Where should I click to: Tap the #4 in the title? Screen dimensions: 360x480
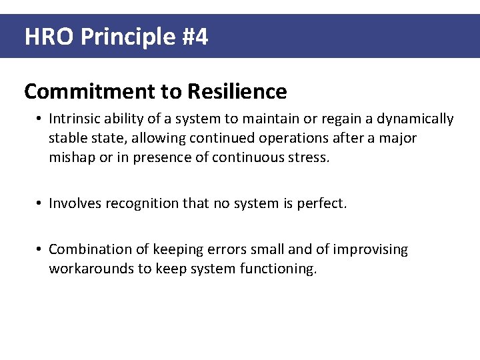tap(194, 37)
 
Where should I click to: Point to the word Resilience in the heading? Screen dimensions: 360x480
tap(237, 91)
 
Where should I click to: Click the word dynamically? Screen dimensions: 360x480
tap(415, 119)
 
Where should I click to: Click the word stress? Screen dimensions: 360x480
tap(310, 158)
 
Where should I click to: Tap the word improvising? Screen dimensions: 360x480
tap(370, 249)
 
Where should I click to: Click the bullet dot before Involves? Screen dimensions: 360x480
tap(40, 203)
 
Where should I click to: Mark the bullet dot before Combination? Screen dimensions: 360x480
tap(40, 249)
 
